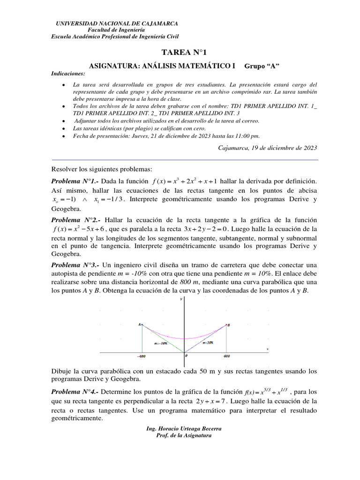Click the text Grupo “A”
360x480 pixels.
point(265,66)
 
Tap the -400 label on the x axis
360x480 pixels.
point(141,357)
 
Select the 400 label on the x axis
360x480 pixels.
point(227,357)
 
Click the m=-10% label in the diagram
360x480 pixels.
point(161,344)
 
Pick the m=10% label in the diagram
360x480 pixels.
point(208,343)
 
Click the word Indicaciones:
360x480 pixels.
point(68,74)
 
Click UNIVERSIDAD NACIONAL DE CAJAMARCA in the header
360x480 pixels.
point(117,23)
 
